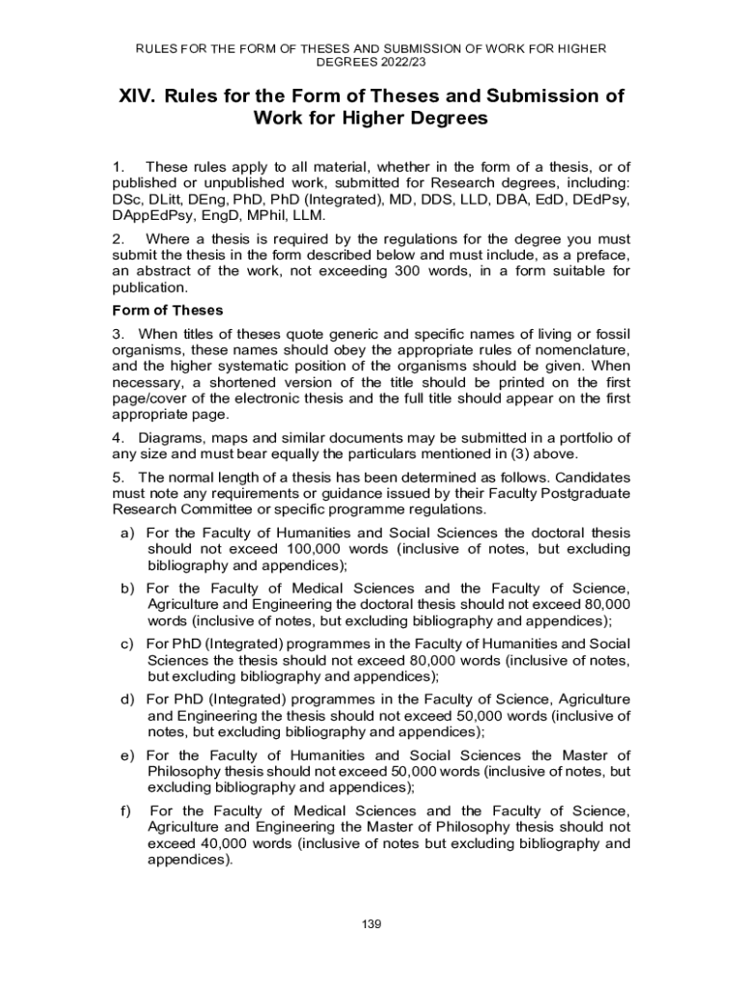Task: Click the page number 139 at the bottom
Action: [x=371, y=925]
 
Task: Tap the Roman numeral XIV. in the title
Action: [x=137, y=96]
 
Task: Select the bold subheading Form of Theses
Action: [x=168, y=310]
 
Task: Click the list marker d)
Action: [x=127, y=698]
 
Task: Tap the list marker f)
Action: [x=125, y=810]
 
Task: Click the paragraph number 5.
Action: [x=118, y=477]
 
